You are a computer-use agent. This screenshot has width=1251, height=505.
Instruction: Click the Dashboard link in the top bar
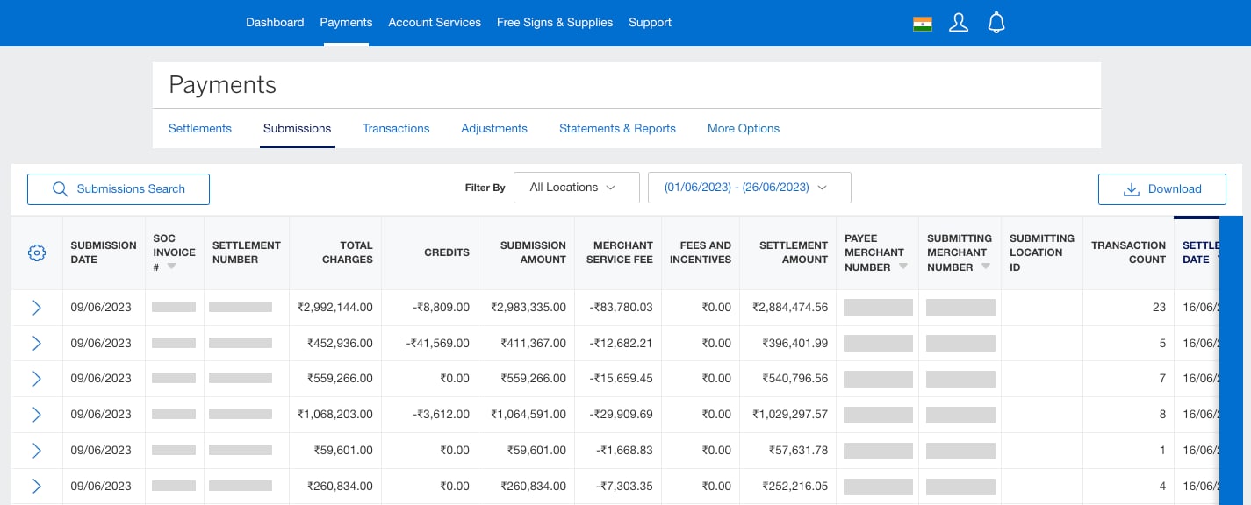pyautogui.click(x=275, y=23)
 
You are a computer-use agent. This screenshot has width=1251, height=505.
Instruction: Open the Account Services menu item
pyautogui.click(x=435, y=23)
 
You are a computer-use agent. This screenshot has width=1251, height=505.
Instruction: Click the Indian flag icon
pyautogui.click(x=922, y=24)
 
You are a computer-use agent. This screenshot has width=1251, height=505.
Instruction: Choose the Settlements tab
pyautogui.click(x=200, y=128)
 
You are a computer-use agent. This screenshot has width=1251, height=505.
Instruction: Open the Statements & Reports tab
pyautogui.click(x=617, y=128)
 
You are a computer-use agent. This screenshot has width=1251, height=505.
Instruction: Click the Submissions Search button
pyautogui.click(x=119, y=189)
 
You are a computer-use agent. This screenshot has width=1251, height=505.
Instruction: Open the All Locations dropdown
pyautogui.click(x=576, y=188)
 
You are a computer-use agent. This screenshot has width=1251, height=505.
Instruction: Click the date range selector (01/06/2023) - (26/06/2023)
pyautogui.click(x=749, y=188)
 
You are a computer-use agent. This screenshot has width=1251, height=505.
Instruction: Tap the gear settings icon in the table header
pyautogui.click(x=37, y=253)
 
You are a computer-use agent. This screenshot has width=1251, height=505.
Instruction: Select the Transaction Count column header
pyautogui.click(x=1128, y=252)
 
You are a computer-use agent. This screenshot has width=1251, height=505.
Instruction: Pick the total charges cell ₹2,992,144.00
pyautogui.click(x=335, y=308)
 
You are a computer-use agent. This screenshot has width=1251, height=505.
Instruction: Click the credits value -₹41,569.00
pyautogui.click(x=438, y=343)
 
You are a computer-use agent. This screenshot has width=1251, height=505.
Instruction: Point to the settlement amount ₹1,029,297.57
pyautogui.click(x=790, y=415)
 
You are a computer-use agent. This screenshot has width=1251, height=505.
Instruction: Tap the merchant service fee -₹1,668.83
pyautogui.click(x=625, y=451)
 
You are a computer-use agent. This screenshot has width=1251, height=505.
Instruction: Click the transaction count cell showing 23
pyautogui.click(x=1159, y=308)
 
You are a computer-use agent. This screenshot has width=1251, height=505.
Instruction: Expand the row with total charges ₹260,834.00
pyautogui.click(x=37, y=487)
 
